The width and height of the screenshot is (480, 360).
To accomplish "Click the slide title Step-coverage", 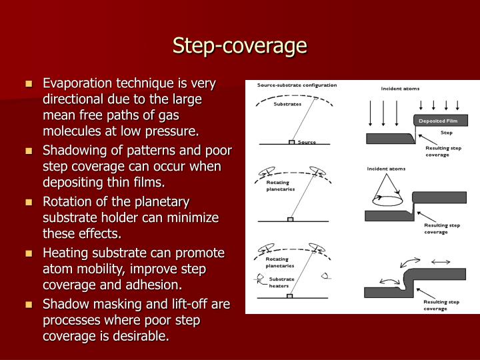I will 240,45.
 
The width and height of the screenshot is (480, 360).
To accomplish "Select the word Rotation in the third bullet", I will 65,201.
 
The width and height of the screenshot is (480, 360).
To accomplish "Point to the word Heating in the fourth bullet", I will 64,253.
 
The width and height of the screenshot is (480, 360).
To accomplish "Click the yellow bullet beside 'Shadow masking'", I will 29,305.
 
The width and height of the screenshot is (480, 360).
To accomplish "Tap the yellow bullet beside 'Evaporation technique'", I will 29,84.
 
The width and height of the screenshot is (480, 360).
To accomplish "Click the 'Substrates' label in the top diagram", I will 287,104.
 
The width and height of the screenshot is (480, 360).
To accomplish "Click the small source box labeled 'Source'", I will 291,142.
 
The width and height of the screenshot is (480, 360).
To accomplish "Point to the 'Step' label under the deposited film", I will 446,133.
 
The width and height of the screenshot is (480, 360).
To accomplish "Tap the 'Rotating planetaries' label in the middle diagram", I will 281,185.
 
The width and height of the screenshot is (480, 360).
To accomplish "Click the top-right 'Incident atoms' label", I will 400,89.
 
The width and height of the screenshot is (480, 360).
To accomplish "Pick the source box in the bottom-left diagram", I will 291,296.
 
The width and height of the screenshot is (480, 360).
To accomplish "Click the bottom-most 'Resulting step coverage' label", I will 442,305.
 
